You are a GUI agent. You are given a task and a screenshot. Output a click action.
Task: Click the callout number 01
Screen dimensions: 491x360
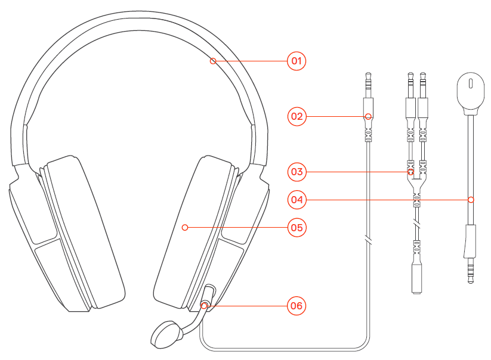click(x=297, y=61)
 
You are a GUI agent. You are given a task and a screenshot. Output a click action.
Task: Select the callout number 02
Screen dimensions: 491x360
click(x=297, y=116)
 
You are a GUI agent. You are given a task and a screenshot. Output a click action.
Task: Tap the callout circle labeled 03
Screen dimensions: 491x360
click(x=297, y=172)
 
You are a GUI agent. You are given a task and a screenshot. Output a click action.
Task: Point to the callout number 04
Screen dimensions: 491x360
click(x=297, y=200)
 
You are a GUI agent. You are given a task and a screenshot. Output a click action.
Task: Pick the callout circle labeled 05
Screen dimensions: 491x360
click(x=297, y=227)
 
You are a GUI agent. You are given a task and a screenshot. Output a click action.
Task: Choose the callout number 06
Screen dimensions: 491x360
click(x=297, y=306)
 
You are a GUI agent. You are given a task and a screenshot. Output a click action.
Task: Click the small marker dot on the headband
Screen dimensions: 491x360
click(x=213, y=61)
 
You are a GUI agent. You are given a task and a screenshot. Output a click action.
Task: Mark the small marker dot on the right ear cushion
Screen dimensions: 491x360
click(x=186, y=227)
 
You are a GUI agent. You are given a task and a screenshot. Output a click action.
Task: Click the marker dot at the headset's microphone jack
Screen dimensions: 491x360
click(x=205, y=306)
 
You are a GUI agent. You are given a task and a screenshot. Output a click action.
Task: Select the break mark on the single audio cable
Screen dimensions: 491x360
click(x=369, y=241)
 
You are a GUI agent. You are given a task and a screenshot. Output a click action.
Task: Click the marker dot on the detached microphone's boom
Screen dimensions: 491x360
click(x=471, y=200)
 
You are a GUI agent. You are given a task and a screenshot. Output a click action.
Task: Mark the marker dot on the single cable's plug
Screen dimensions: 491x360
click(x=368, y=116)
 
